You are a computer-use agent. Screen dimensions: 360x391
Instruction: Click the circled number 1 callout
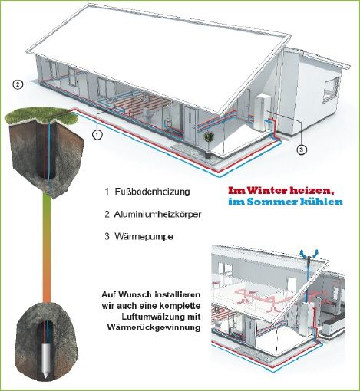point(97,135)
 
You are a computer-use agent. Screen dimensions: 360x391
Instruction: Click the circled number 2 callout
point(18,84)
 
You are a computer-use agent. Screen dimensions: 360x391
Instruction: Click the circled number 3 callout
point(302,149)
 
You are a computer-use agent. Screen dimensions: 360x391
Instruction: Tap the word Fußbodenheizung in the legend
point(152,192)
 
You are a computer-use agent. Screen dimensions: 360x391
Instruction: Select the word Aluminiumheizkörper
point(157,214)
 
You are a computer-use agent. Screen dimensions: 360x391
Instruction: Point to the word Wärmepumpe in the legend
point(144,236)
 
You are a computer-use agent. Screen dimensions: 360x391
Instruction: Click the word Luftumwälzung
point(153,317)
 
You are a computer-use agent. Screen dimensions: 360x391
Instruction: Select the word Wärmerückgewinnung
point(154,327)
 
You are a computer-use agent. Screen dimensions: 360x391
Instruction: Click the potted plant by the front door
point(208,143)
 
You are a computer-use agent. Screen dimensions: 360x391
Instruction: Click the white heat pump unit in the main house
point(262,112)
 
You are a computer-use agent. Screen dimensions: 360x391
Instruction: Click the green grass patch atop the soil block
point(41,117)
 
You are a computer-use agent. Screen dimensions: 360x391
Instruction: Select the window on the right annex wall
point(332,90)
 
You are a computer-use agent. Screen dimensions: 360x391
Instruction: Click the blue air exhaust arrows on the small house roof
point(309,253)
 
